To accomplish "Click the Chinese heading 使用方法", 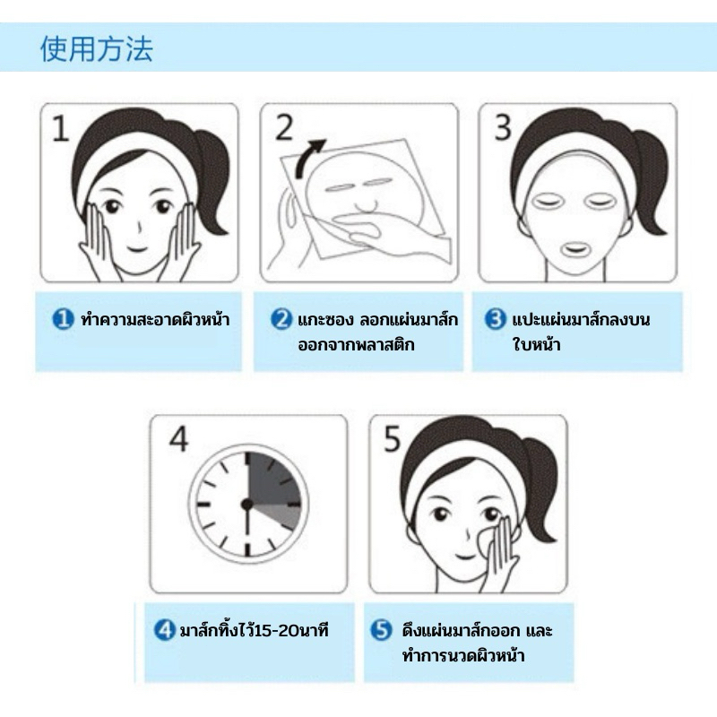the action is click(x=97, y=49).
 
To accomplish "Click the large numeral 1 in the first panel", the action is click(x=60, y=128).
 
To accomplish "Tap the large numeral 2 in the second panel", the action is click(x=284, y=127).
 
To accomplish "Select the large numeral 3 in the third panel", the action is click(x=503, y=127).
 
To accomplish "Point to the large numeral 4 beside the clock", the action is click(x=178, y=439).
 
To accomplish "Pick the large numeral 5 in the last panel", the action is click(x=393, y=439).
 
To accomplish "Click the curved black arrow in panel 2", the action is click(x=308, y=159).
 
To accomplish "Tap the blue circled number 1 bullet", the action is click(x=63, y=319).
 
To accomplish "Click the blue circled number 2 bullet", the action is click(x=281, y=319).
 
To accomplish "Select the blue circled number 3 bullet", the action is click(x=496, y=319).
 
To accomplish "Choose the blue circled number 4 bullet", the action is click(x=165, y=630).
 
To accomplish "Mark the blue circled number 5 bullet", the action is click(x=381, y=630).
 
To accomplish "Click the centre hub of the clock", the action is click(x=247, y=505).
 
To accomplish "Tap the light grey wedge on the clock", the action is click(x=279, y=514).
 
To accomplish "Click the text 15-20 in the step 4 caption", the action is click(x=273, y=631).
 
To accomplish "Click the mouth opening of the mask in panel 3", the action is click(x=574, y=249).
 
